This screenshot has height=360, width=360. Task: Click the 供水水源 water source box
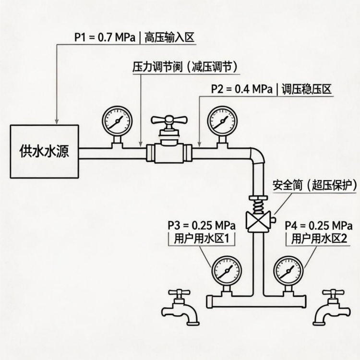[x=44, y=152]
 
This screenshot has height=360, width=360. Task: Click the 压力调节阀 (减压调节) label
[x=185, y=67]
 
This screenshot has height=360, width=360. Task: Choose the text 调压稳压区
[x=307, y=89]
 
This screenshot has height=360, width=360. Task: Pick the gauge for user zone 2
[x=288, y=271]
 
